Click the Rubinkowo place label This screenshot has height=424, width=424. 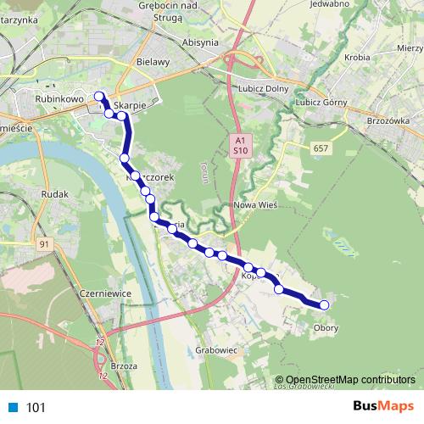coord(59,98)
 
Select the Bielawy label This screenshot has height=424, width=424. coord(153,62)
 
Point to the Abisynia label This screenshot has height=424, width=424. coord(200,41)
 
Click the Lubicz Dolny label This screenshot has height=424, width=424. coord(265,88)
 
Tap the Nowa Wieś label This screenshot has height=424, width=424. coord(254,205)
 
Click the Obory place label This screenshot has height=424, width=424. coord(326,328)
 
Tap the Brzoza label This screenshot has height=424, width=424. coord(124,365)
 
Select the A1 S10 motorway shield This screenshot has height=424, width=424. coord(241,145)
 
